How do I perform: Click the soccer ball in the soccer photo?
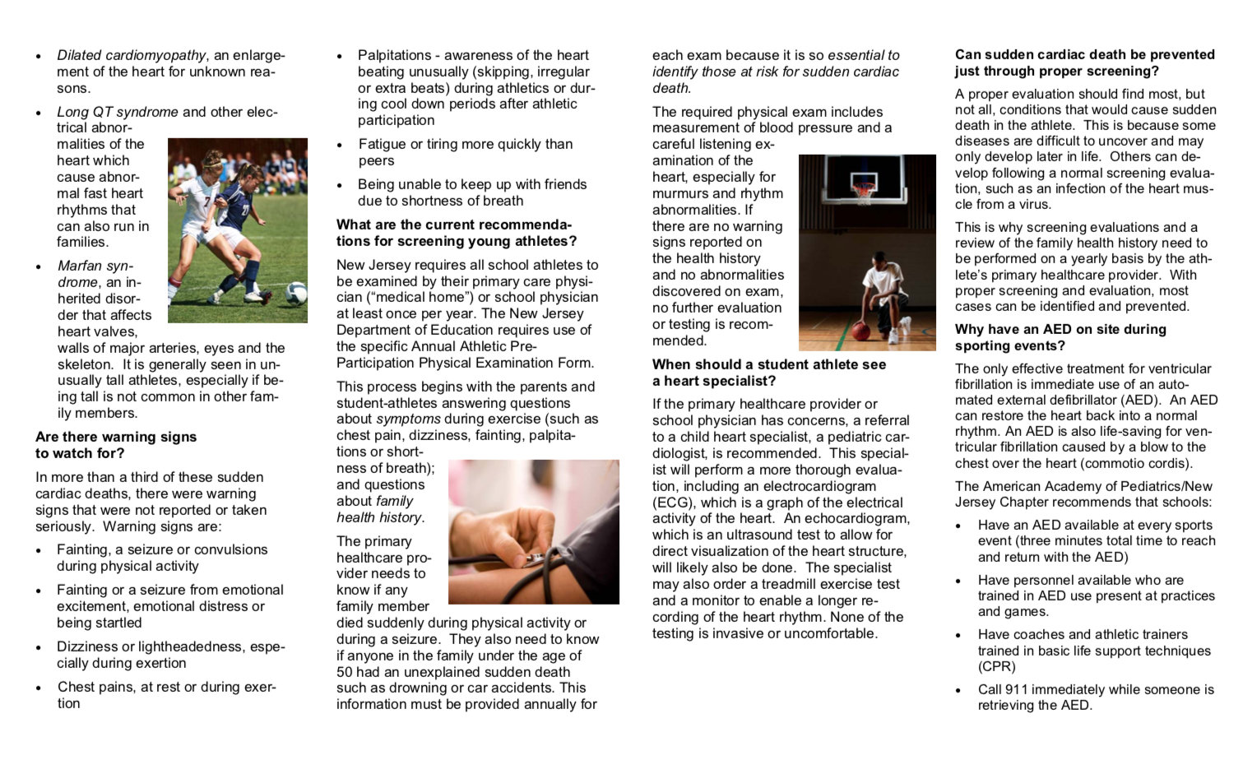[x=296, y=294]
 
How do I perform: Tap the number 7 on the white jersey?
[x=207, y=201]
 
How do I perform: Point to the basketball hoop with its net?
[x=863, y=192]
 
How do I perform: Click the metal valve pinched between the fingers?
[x=536, y=558]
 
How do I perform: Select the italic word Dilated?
[x=79, y=55]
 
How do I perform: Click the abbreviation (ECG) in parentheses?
[x=673, y=503]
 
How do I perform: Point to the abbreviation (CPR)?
[x=996, y=666]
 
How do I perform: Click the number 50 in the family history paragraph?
[x=345, y=672]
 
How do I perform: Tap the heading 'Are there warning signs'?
[x=116, y=437]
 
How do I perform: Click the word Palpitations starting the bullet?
[x=394, y=55]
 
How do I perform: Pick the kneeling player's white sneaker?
[x=894, y=335]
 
